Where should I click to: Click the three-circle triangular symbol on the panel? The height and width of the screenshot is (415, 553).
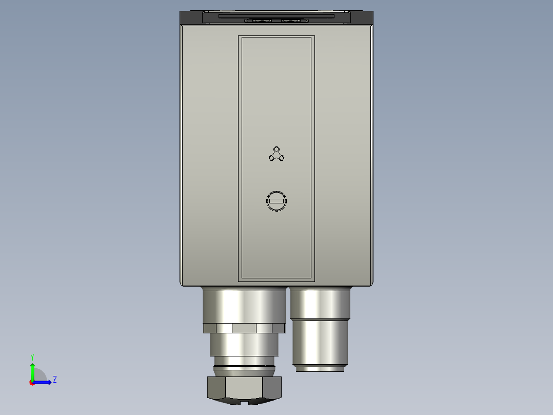(276, 154)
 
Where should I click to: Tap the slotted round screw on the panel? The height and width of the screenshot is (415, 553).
(276, 201)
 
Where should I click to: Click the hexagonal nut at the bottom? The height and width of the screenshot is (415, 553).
(245, 388)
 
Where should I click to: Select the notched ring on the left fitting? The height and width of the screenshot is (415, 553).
(244, 328)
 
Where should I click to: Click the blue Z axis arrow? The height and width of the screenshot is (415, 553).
(44, 382)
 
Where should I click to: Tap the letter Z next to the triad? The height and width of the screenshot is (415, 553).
(54, 380)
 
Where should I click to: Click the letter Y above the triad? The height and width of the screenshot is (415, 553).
(32, 356)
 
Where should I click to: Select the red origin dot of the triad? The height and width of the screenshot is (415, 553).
(32, 383)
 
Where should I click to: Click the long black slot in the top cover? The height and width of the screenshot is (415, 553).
(276, 16)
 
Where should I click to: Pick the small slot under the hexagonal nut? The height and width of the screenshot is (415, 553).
(250, 403)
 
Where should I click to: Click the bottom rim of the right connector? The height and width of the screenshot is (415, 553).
(321, 368)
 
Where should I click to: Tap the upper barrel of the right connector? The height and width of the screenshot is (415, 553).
(320, 303)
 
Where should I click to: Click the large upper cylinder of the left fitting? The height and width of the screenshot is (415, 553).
(244, 305)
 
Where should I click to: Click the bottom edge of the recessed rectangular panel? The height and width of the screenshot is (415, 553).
(276, 280)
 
